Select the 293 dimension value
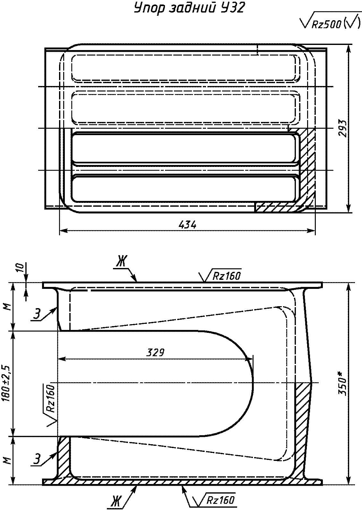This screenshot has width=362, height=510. [342, 128]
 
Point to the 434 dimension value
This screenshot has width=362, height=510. [187, 225]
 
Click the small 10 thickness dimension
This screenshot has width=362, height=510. [21, 268]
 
